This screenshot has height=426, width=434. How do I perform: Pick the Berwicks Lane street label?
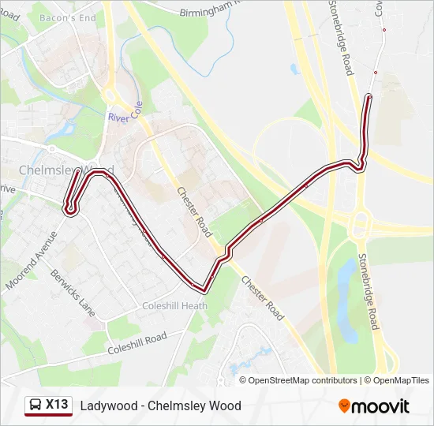click(x=73, y=293)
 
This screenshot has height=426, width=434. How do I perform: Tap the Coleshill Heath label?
click(x=174, y=306)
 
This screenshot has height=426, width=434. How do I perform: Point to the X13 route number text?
click(x=57, y=405)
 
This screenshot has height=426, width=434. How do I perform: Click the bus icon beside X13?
click(x=36, y=405)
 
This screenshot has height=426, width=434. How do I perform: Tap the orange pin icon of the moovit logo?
click(x=344, y=405)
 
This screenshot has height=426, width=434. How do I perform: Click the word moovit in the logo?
click(x=380, y=405)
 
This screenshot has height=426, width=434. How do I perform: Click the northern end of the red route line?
click(x=369, y=97)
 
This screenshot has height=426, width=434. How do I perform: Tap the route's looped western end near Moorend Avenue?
click(x=70, y=208)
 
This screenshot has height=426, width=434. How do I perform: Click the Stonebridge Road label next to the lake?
click(x=369, y=291)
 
